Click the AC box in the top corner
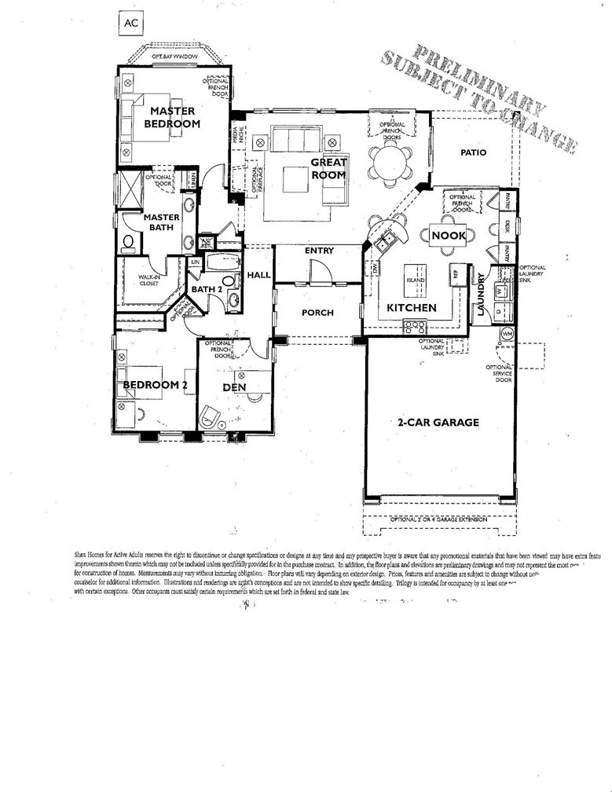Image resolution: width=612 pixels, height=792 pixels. pyautogui.click(x=130, y=24)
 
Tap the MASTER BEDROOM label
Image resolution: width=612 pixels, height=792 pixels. pyautogui.click(x=173, y=117)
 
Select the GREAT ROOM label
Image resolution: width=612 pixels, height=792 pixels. pyautogui.click(x=328, y=169)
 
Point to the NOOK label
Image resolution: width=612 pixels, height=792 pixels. pyautogui.click(x=449, y=235)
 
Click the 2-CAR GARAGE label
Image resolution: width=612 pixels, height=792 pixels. pyautogui.click(x=438, y=422)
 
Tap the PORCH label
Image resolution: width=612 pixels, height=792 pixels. pyautogui.click(x=317, y=313)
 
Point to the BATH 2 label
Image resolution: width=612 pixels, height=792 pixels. pyautogui.click(x=209, y=288)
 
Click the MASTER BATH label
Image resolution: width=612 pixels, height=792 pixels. pyautogui.click(x=160, y=222)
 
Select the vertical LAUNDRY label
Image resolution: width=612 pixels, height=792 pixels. pyautogui.click(x=481, y=295)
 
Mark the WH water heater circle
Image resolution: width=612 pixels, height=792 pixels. pyautogui.click(x=507, y=333)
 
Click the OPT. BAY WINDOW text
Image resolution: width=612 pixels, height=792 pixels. pyautogui.click(x=174, y=58)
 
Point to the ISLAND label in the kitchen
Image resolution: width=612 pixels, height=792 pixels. pyautogui.click(x=415, y=279)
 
